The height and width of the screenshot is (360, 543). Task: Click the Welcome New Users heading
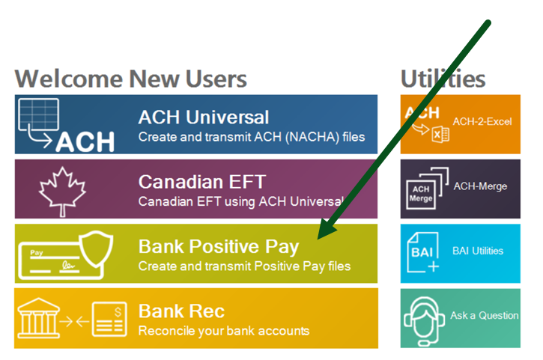[x=130, y=78]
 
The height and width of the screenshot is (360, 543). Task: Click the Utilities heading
[x=443, y=78]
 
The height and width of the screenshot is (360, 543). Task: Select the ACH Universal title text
[x=203, y=117]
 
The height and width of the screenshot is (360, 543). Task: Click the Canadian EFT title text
[x=201, y=182]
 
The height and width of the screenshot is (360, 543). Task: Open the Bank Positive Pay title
[x=218, y=246]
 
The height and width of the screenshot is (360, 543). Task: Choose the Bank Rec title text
[x=181, y=311]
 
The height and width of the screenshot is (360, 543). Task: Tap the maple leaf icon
[x=58, y=188]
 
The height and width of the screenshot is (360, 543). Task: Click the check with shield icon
[x=64, y=252]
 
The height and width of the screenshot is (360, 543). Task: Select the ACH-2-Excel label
[x=482, y=121]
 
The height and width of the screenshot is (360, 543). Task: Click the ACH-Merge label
[x=480, y=186]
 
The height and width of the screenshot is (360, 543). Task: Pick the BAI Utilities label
[x=478, y=251]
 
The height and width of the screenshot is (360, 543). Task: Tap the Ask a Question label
[x=484, y=316]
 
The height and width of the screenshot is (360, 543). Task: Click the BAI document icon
[x=423, y=253]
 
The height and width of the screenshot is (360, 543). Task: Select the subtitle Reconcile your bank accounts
[x=223, y=330]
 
